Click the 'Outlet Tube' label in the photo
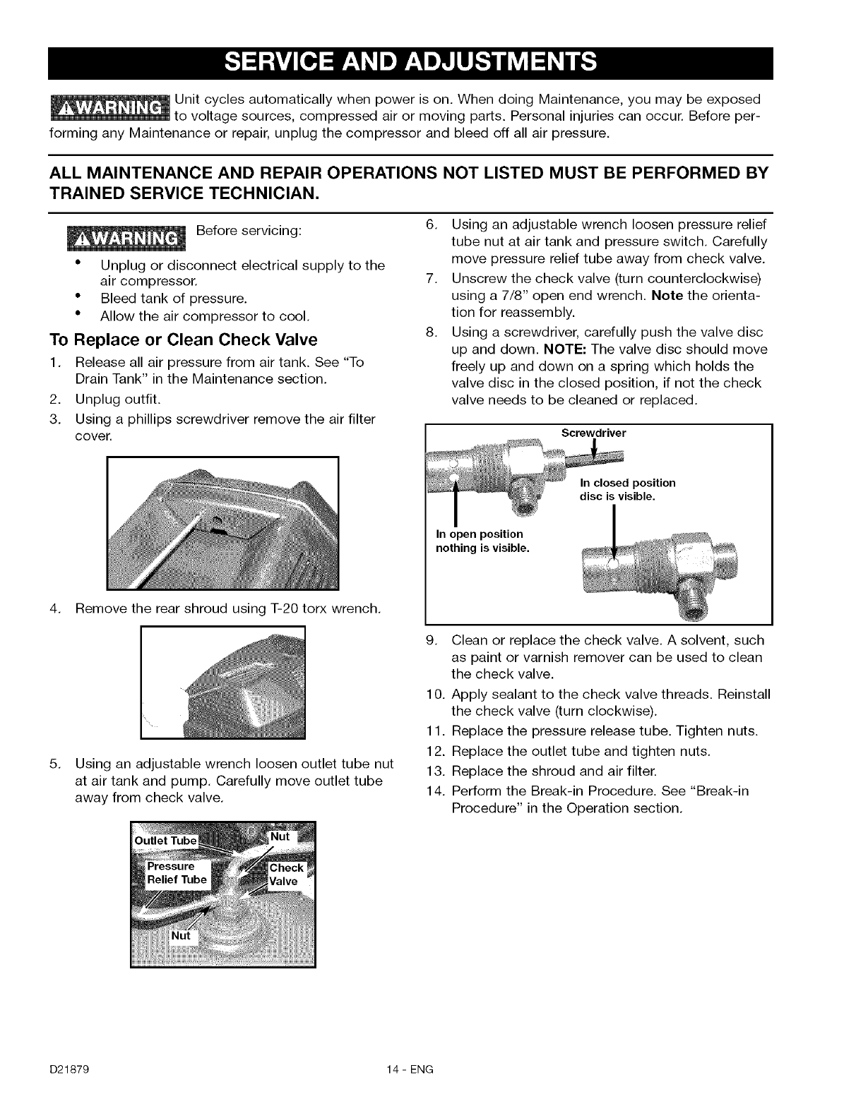point(166,841)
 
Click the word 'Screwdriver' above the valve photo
point(593,433)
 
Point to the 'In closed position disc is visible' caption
point(627,490)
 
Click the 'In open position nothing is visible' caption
point(480,541)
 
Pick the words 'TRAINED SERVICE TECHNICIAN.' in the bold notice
point(184,193)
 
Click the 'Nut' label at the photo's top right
point(280,836)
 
